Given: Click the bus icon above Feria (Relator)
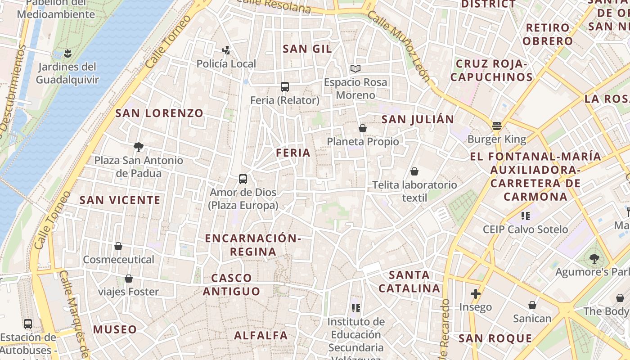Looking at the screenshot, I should tap(284, 86).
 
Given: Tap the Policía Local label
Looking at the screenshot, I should tap(226, 64).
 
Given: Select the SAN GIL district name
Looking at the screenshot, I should tap(307, 49).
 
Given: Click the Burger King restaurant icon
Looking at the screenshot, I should tap(497, 126).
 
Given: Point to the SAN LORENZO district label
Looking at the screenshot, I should tap(159, 113).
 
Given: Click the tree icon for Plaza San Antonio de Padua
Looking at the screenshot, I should tap(139, 147).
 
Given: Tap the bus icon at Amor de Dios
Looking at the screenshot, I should tap(243, 179).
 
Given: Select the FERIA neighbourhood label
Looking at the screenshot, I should tap(293, 153).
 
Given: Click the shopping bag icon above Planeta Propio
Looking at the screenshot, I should tap(363, 129).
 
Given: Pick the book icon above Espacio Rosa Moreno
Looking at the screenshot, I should tap(355, 69).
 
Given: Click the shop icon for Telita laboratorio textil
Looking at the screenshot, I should tap(414, 171).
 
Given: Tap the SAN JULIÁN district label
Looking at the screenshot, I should tap(418, 119).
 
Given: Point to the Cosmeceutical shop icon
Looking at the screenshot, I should tap(118, 246).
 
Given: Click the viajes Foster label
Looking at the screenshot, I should tap(129, 292).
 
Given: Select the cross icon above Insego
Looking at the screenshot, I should tap(476, 294).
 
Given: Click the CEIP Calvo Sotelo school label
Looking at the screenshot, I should tap(525, 229).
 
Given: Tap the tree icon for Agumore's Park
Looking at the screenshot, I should tap(594, 258).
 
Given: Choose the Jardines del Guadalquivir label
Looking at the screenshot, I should tap(67, 73).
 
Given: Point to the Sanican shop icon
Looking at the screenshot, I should tap(532, 306).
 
